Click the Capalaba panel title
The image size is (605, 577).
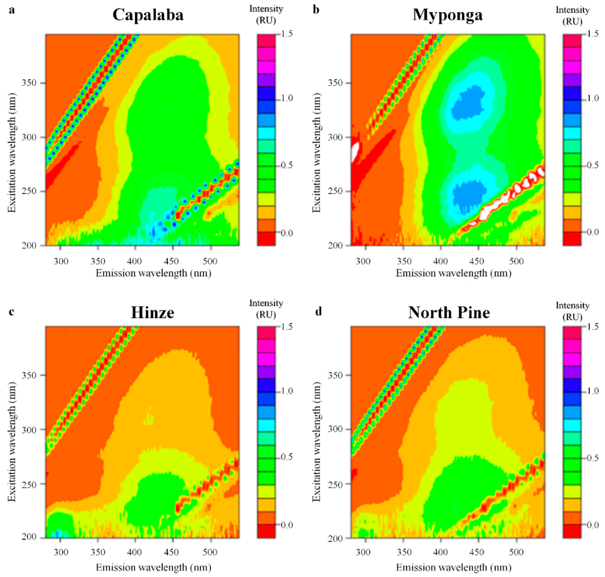click(148, 14)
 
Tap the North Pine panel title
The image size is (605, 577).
click(449, 312)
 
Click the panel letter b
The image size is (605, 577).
click(316, 10)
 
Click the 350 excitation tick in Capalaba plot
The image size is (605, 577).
click(29, 83)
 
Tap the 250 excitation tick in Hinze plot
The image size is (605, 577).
click(29, 484)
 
